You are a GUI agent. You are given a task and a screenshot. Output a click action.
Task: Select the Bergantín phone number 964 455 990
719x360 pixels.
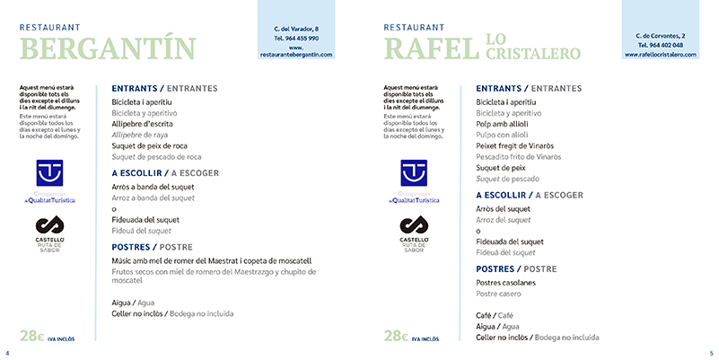click(296, 39)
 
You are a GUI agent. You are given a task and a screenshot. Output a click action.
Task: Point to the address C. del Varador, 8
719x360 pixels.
click(296, 29)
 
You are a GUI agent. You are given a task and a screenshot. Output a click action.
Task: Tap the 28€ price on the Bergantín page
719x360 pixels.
click(32, 337)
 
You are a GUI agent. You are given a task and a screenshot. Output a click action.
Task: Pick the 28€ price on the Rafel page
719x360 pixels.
click(398, 337)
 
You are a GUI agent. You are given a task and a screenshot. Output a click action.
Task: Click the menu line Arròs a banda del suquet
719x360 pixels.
click(157, 187)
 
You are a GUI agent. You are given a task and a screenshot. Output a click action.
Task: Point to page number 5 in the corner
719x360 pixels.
click(710, 352)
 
